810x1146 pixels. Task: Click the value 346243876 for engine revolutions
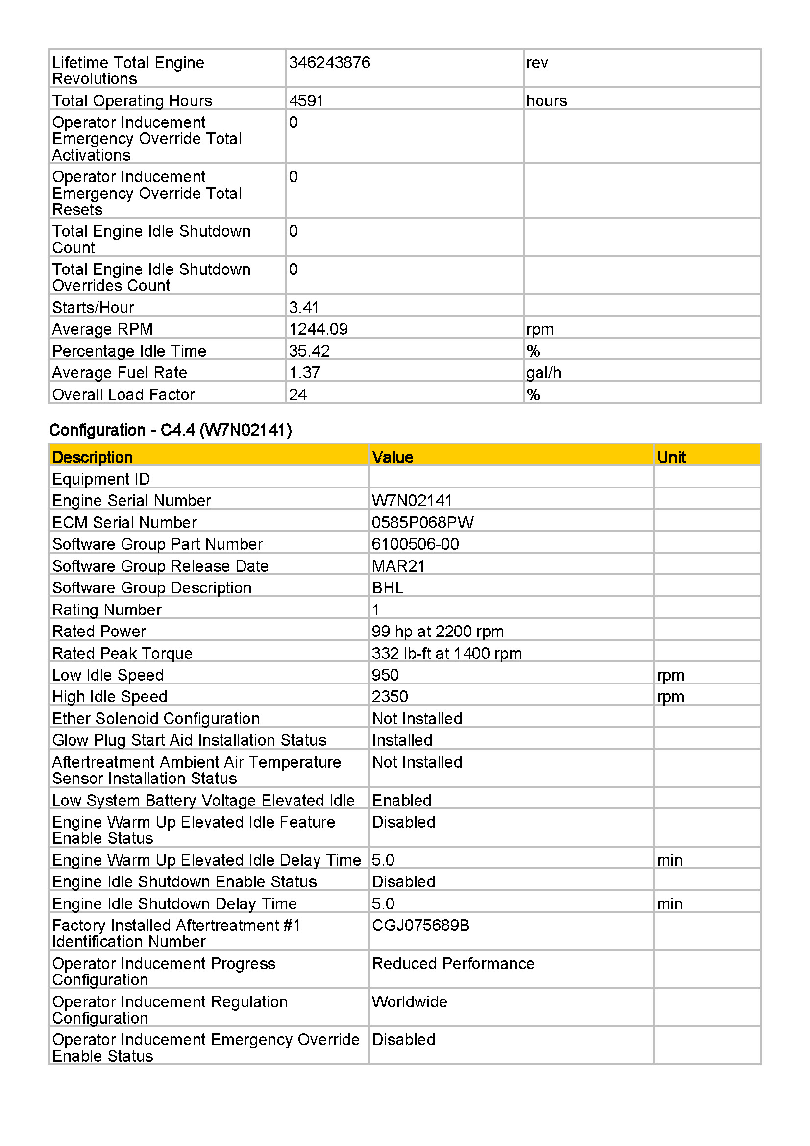coord(329,63)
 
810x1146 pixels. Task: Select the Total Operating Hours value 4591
coord(306,101)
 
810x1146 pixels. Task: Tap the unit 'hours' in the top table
coord(546,101)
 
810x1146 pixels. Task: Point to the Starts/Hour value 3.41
coord(303,308)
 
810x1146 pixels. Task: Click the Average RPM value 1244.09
coord(318,329)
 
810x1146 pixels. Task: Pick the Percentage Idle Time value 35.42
coord(309,351)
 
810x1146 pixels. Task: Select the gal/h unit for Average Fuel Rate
coord(543,373)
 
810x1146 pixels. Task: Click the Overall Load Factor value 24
coord(298,395)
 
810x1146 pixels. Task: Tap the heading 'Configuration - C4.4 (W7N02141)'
coord(171,430)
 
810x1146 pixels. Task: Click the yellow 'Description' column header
coord(92,457)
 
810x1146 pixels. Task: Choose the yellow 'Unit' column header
coord(671,457)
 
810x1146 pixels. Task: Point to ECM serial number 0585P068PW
coord(423,523)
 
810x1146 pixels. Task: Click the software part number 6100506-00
coord(415,544)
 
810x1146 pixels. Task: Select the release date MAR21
coord(398,566)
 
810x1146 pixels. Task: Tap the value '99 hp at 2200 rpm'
coord(438,632)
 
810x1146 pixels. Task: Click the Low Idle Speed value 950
coord(385,675)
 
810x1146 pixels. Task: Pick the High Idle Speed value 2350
coord(390,697)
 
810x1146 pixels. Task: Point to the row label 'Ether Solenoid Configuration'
coord(156,719)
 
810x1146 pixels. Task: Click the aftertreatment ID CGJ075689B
coord(421,926)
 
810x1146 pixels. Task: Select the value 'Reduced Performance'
coord(453,964)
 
